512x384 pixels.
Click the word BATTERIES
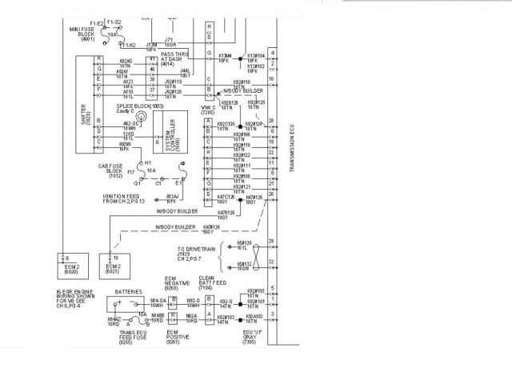click(129, 291)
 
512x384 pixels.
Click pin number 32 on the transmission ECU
click(273, 262)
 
